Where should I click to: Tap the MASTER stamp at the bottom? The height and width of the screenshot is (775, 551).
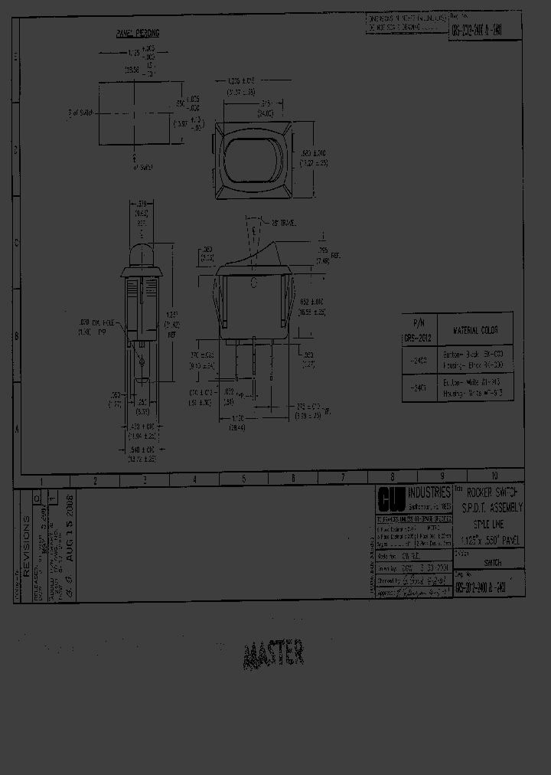(274, 653)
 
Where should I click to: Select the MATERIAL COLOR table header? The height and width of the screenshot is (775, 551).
(475, 330)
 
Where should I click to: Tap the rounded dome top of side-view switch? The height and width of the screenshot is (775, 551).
(142, 253)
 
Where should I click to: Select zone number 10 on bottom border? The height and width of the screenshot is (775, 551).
(494, 476)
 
